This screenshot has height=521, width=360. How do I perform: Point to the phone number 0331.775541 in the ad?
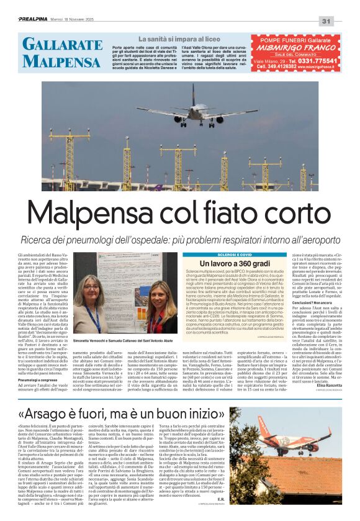coord(315,60)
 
